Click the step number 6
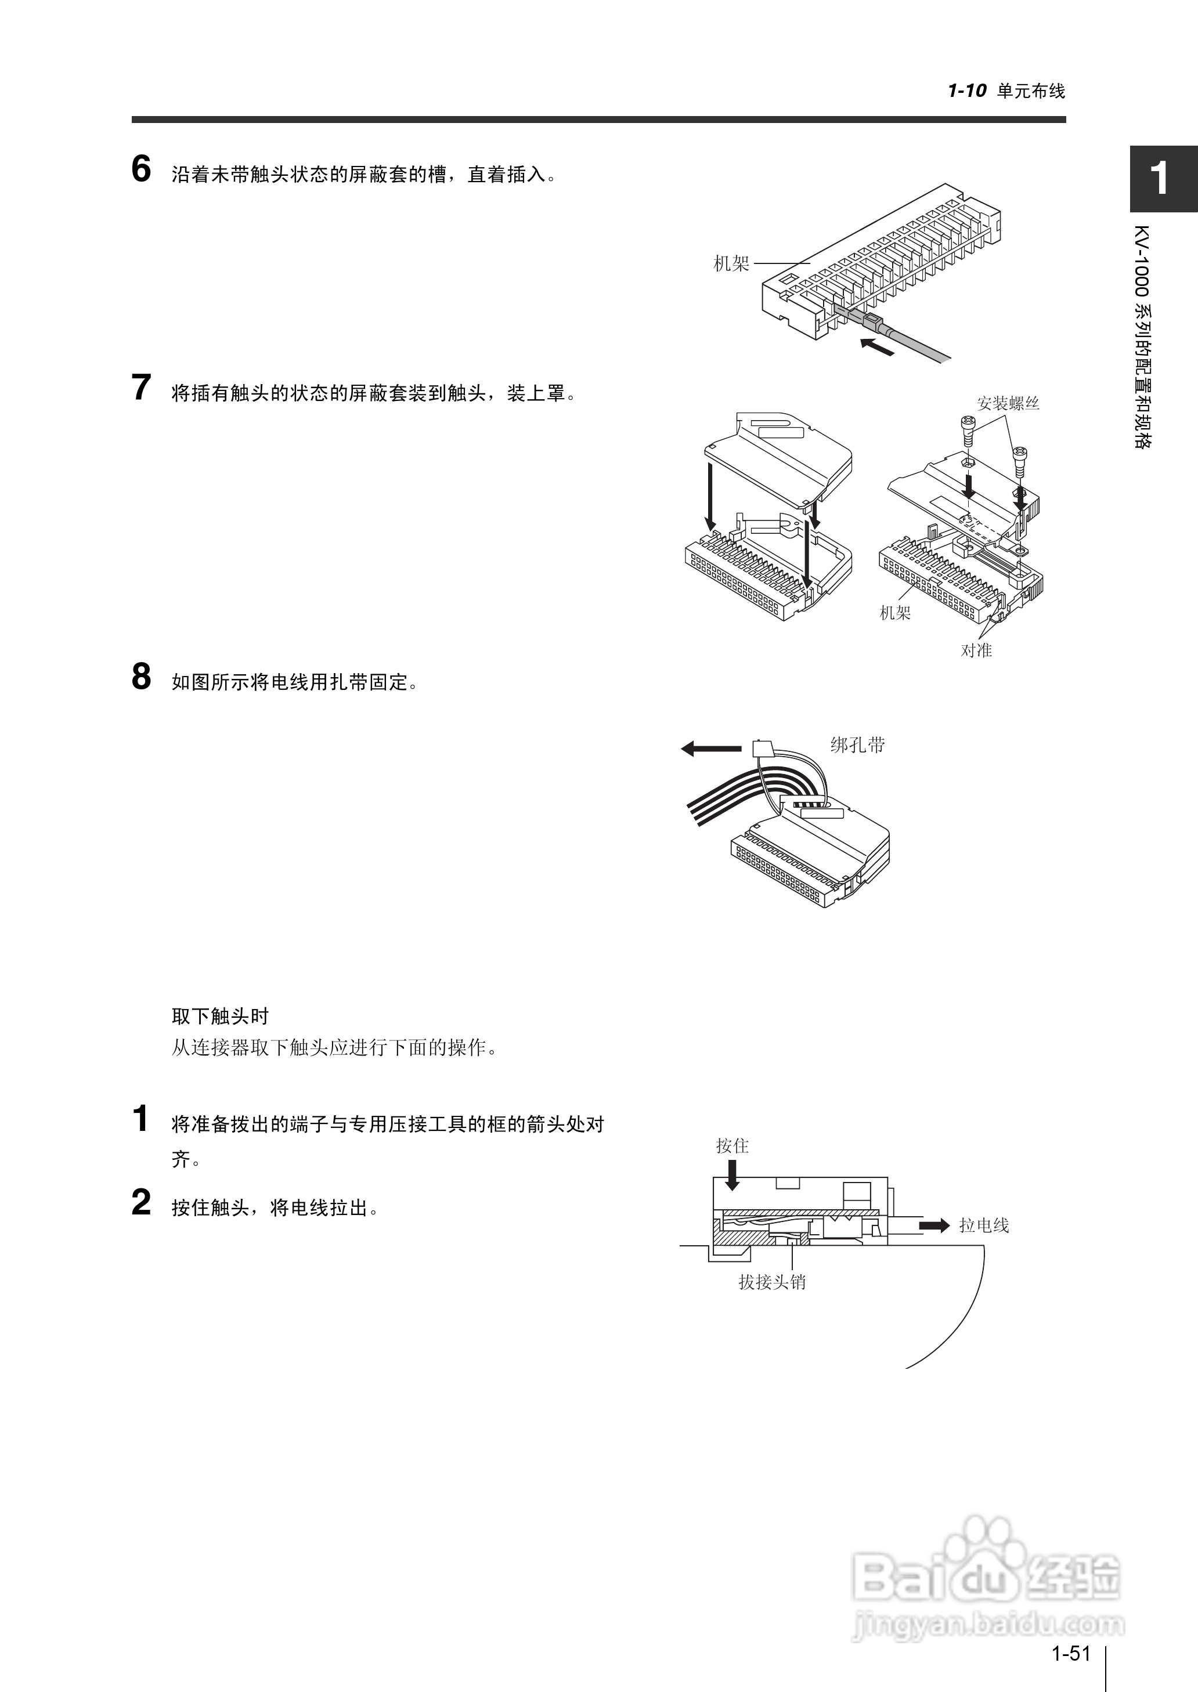tap(141, 169)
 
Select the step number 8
tap(141, 677)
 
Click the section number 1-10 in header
tap(967, 92)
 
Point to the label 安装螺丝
tap(1008, 403)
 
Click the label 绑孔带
tap(857, 746)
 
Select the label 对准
tap(976, 650)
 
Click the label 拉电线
tap(983, 1225)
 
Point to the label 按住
tap(732, 1145)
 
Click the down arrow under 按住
tap(732, 1175)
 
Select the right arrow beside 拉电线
tap(934, 1225)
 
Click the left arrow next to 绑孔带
tap(710, 749)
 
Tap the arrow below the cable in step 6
tap(878, 346)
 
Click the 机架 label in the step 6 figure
tap(731, 264)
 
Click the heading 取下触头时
tap(220, 1017)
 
